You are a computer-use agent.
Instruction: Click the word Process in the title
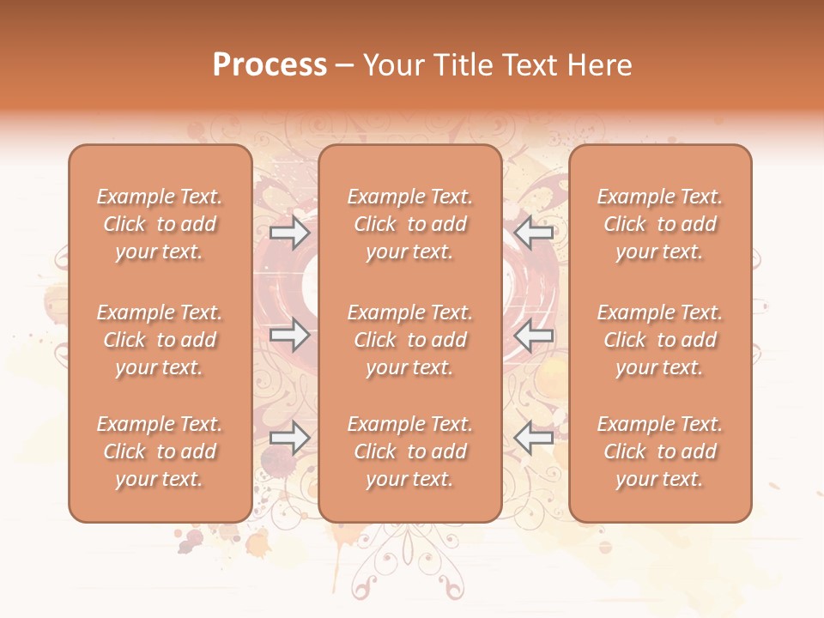270,65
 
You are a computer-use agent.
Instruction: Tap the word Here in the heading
599,65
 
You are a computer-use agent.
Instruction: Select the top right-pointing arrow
290,231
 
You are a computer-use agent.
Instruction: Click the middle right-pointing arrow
290,335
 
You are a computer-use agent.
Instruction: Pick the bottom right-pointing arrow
290,439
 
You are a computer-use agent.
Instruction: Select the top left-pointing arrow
534,231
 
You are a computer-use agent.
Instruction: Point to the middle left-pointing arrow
534,335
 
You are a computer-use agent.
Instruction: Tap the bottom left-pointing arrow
534,439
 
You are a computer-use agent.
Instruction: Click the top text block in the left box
160,224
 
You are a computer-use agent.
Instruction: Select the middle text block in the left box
160,340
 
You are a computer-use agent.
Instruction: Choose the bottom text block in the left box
160,451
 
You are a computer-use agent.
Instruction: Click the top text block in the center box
410,224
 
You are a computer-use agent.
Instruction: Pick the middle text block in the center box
410,340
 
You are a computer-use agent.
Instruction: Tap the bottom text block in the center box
410,451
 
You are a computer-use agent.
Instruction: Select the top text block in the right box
660,224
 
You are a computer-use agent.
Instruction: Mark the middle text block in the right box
660,340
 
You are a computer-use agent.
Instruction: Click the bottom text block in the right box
660,451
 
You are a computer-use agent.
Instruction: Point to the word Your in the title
392,65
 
